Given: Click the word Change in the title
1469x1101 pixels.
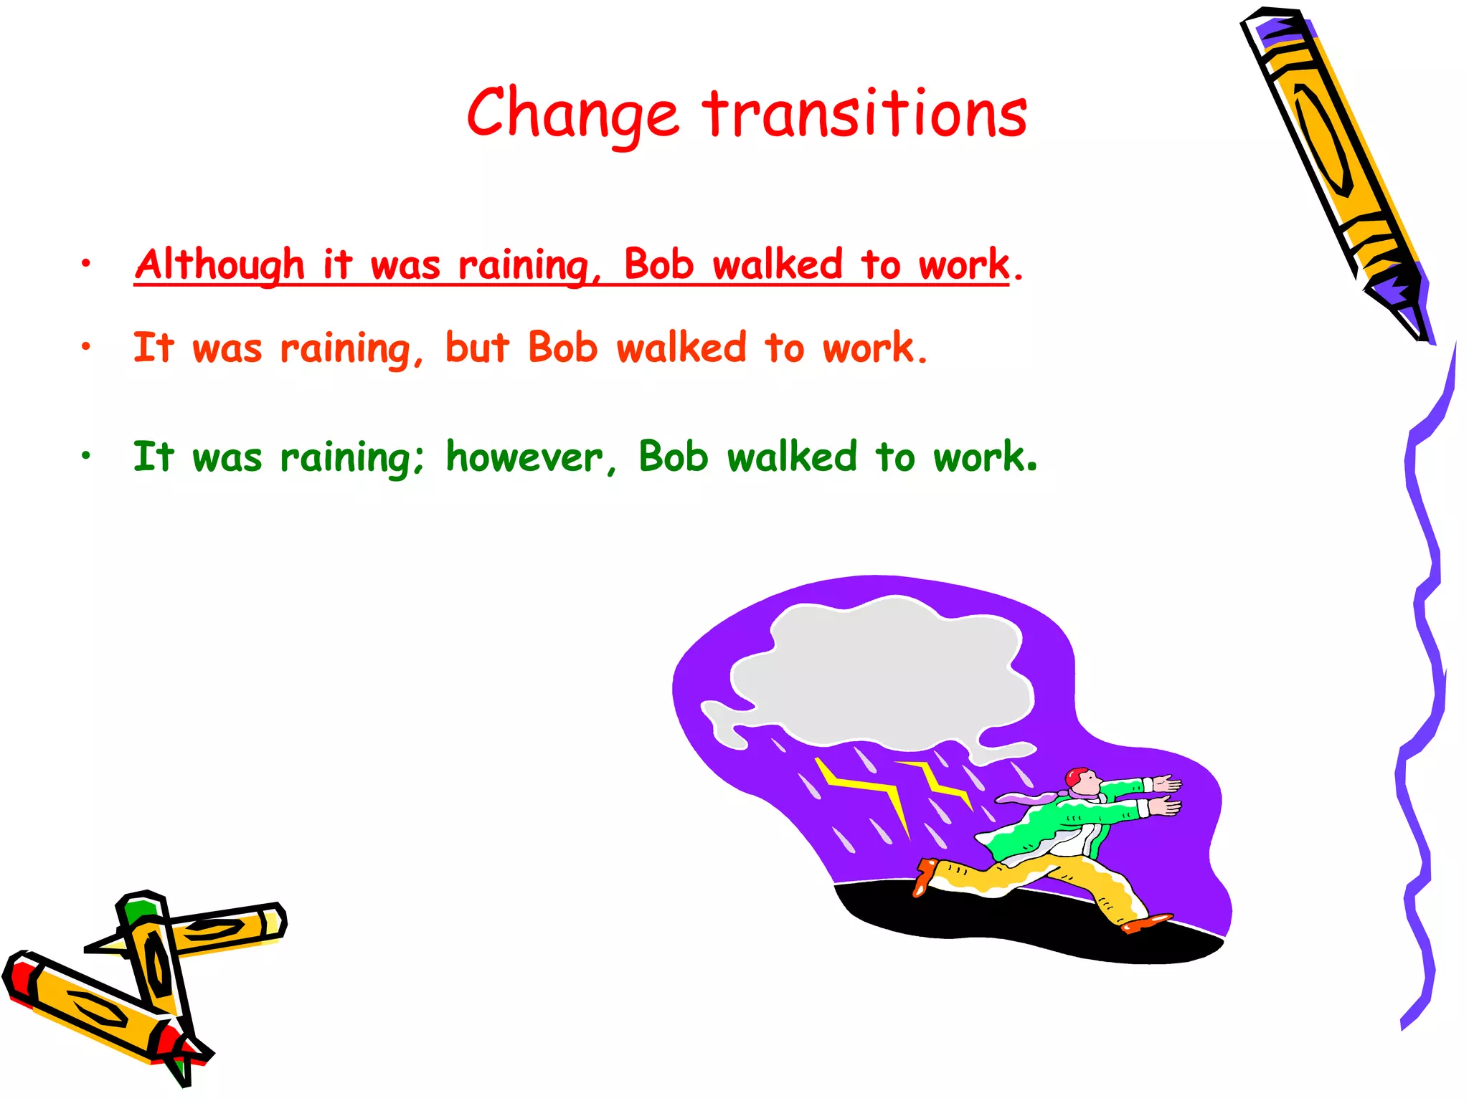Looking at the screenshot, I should (x=572, y=115).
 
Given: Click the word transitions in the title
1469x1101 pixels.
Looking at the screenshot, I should (x=864, y=115).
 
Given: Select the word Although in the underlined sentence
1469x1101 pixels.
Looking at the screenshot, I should (x=219, y=264).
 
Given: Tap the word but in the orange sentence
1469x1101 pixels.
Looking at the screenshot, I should (x=477, y=348).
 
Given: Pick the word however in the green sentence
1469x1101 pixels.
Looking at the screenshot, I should (x=524, y=457).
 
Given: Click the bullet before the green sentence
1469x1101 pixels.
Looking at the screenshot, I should (x=86, y=456).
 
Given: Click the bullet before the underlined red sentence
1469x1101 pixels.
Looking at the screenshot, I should (x=86, y=264).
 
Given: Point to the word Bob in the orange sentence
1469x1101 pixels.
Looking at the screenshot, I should (x=562, y=348).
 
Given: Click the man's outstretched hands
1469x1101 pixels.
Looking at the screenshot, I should (x=1166, y=796).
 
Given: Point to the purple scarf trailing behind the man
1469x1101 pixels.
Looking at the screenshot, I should (x=1026, y=797).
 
